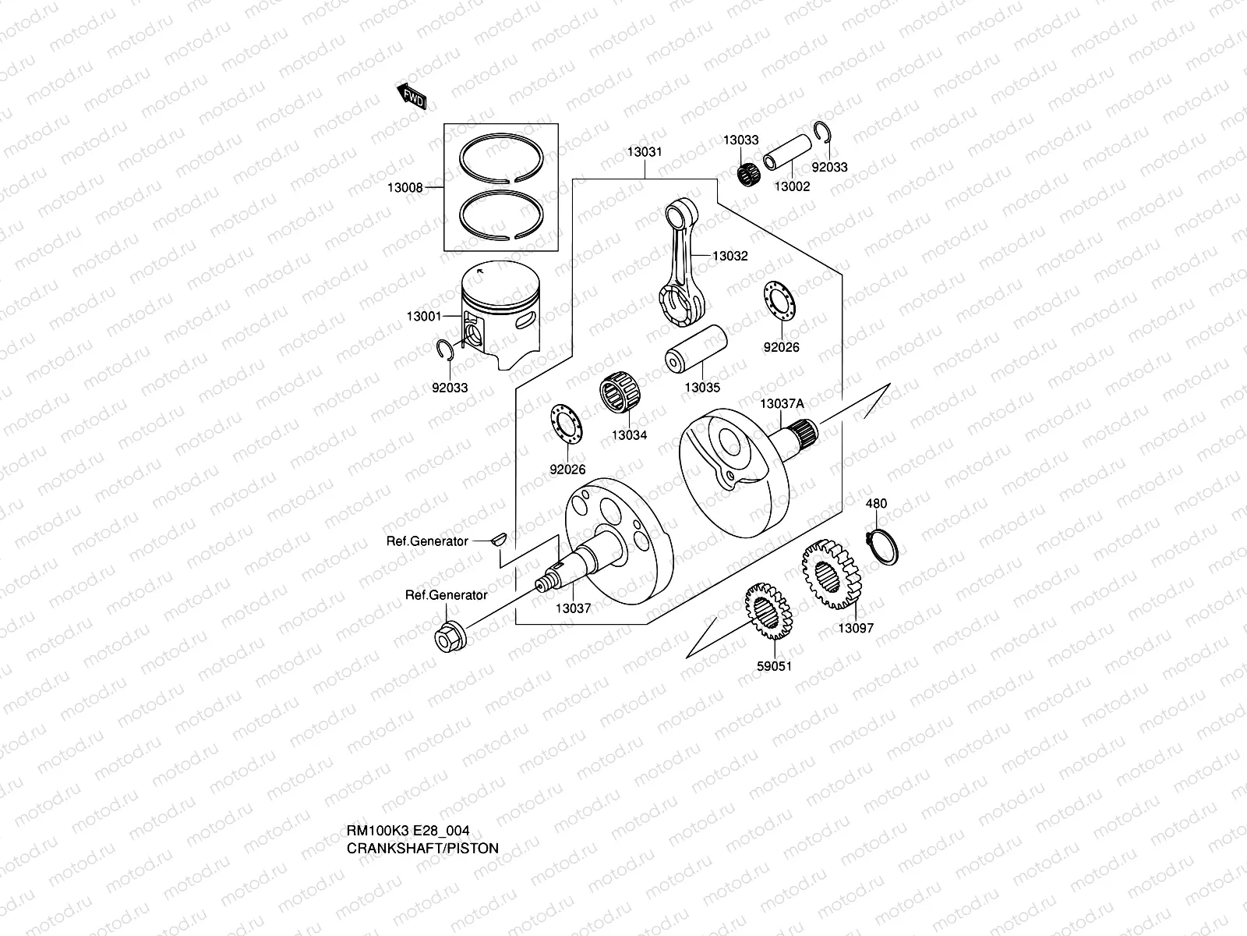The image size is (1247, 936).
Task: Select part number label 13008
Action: (x=405, y=188)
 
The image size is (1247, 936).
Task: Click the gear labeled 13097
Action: (x=828, y=576)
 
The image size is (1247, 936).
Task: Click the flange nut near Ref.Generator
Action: (x=449, y=637)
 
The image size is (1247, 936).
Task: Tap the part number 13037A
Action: (x=782, y=404)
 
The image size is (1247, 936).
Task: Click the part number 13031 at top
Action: (x=645, y=152)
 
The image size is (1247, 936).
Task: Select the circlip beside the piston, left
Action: (x=445, y=353)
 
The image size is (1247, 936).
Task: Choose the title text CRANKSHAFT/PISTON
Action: (x=422, y=848)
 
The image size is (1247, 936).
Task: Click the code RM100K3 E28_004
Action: (x=408, y=831)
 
